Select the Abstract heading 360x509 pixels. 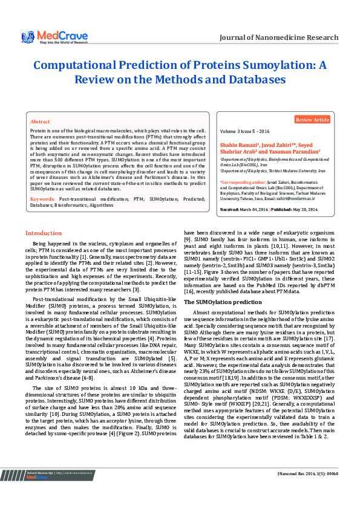pos(40,122)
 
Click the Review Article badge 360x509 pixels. pos(312,120)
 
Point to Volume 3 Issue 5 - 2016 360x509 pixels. pos(246,131)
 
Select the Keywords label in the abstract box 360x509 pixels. pos(42,182)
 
